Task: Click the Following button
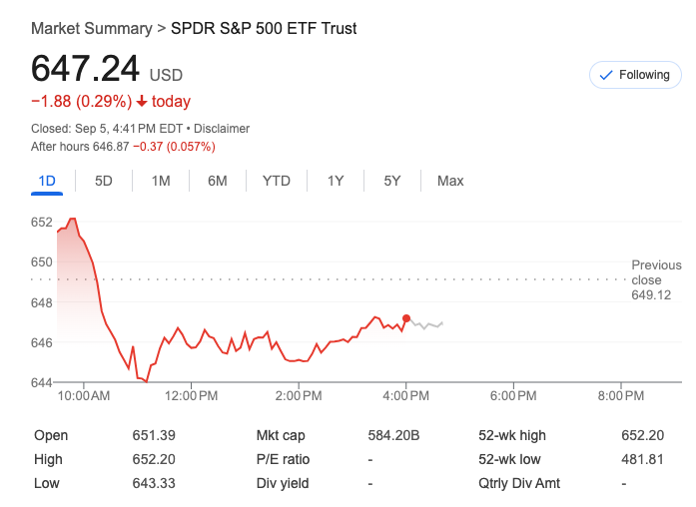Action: pyautogui.click(x=635, y=75)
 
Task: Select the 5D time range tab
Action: pyautogui.click(x=104, y=181)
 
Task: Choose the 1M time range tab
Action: pyautogui.click(x=161, y=181)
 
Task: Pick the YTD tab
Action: pyautogui.click(x=277, y=181)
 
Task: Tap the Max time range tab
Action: pyautogui.click(x=450, y=181)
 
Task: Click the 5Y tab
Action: pyautogui.click(x=392, y=181)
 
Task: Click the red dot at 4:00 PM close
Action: pyautogui.click(x=406, y=318)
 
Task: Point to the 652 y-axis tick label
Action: pyautogui.click(x=41, y=223)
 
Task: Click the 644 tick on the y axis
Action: pyautogui.click(x=41, y=382)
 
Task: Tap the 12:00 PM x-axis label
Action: pyautogui.click(x=191, y=396)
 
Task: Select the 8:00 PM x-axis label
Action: pyautogui.click(x=621, y=396)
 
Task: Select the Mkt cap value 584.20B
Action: pyautogui.click(x=393, y=435)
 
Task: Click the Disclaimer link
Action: pyautogui.click(x=222, y=129)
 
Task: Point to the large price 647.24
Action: pyautogui.click(x=85, y=69)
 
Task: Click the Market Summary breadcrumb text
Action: pyautogui.click(x=91, y=28)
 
